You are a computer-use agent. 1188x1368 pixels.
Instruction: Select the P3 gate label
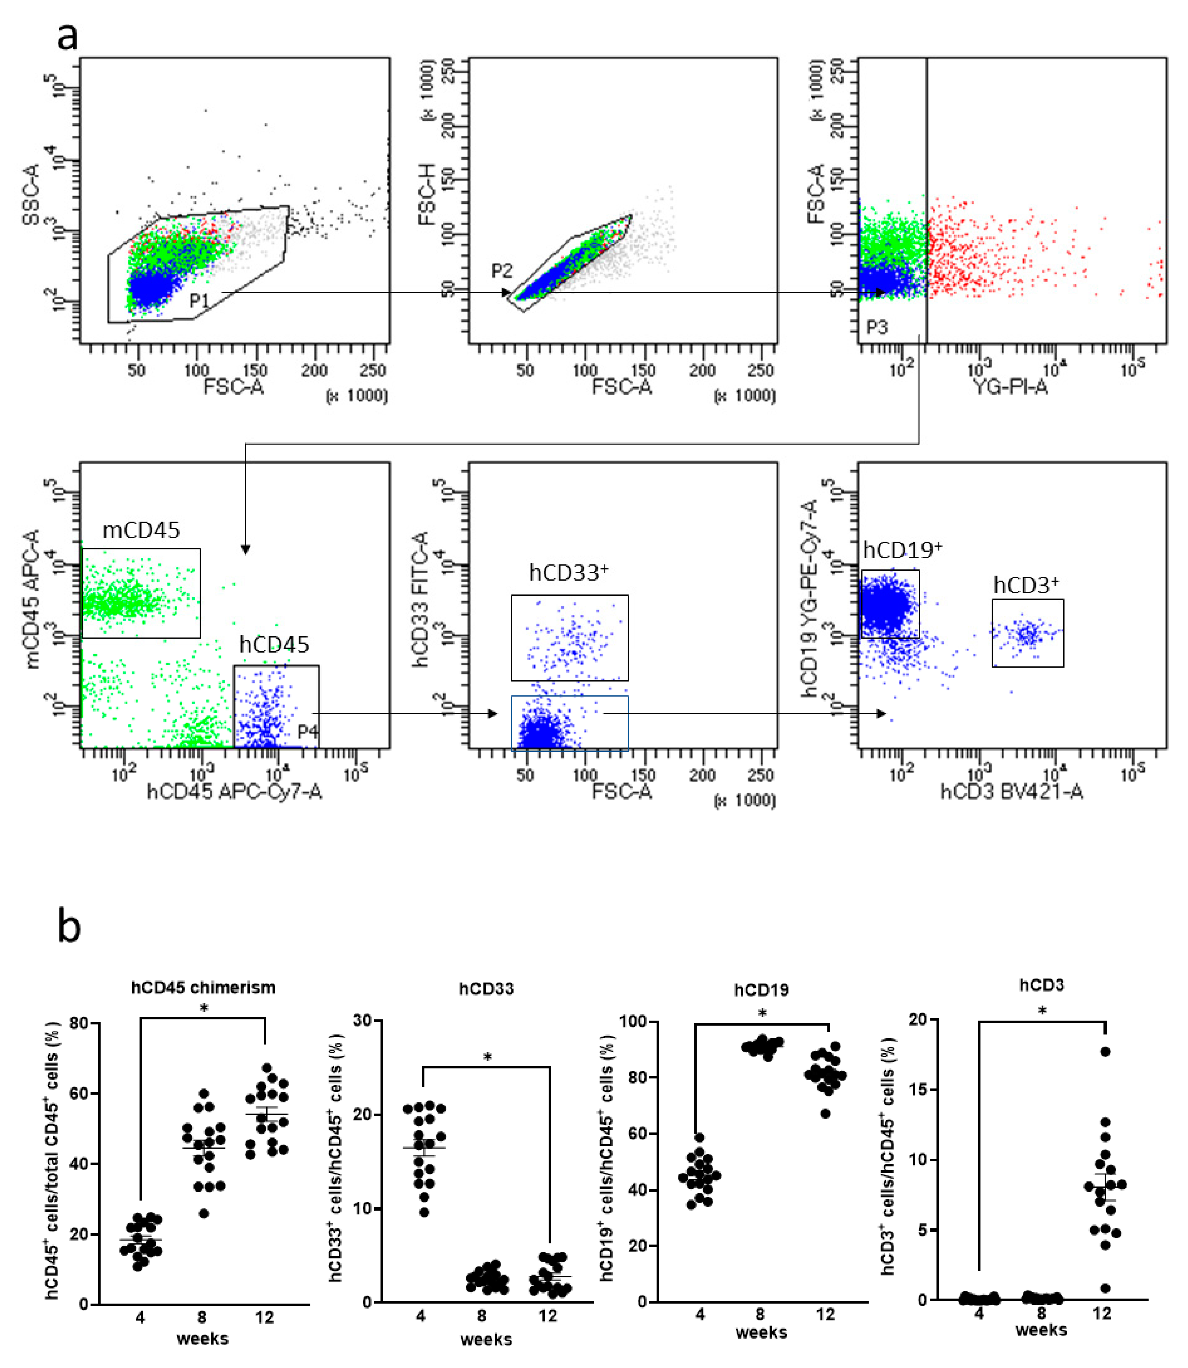coord(877,328)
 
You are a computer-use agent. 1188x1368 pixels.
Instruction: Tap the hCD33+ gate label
coord(568,572)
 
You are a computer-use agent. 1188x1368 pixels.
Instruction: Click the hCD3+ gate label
coord(1026,585)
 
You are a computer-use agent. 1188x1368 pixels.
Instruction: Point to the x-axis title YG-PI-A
coord(1010,387)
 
